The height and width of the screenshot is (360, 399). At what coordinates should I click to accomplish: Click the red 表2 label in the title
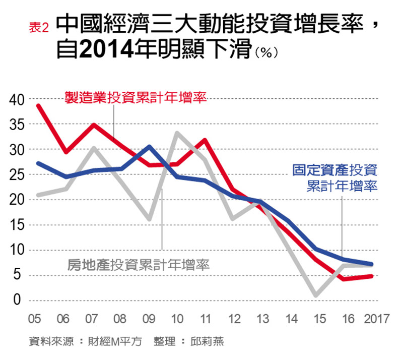pyautogui.click(x=39, y=28)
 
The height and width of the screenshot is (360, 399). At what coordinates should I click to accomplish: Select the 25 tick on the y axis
pyautogui.click(x=16, y=175)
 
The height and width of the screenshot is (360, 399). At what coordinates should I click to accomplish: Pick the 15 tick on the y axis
pyautogui.click(x=16, y=225)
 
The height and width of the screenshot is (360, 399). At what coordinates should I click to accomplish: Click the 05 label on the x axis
pyautogui.click(x=35, y=320)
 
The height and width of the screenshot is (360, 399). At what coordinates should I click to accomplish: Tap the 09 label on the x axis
pyautogui.click(x=149, y=320)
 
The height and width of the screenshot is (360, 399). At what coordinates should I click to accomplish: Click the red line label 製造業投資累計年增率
pyautogui.click(x=136, y=97)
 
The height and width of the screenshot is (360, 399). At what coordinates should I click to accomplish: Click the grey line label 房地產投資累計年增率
pyautogui.click(x=139, y=265)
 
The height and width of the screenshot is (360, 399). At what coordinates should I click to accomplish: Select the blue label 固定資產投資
pyautogui.click(x=335, y=170)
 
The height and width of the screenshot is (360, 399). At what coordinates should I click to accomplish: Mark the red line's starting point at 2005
pyautogui.click(x=38, y=106)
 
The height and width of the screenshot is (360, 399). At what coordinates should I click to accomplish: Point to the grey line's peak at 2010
pyautogui.click(x=177, y=133)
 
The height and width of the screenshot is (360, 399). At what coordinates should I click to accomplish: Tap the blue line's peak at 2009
pyautogui.click(x=149, y=147)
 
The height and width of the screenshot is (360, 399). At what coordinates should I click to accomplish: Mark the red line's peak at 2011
pyautogui.click(x=205, y=140)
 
